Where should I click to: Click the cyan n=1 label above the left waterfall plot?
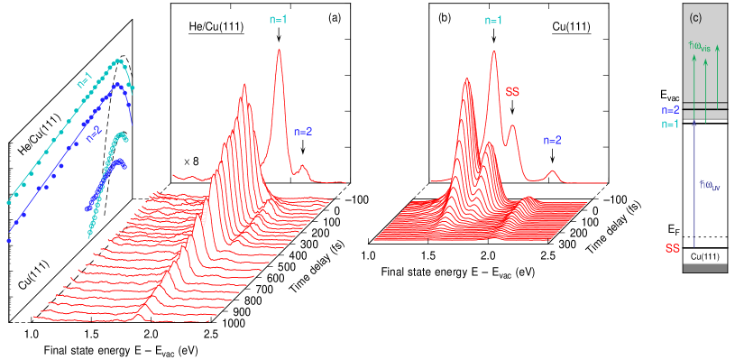(x=279, y=19)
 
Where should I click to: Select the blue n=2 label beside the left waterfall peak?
(x=303, y=131)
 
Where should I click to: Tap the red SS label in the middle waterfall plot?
(x=512, y=91)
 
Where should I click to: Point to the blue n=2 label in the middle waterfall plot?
(x=552, y=140)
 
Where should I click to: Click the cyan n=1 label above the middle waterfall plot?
(x=493, y=19)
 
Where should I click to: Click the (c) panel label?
(x=695, y=17)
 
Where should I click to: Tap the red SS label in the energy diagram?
(x=672, y=247)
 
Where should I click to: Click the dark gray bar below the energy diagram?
(x=705, y=267)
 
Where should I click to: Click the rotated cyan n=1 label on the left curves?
(x=85, y=79)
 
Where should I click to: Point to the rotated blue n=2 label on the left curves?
(x=94, y=134)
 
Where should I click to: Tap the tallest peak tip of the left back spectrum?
(x=279, y=50)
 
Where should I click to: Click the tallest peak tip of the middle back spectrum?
(x=494, y=51)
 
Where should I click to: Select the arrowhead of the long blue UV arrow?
(x=694, y=122)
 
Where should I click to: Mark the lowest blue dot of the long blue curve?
(x=9, y=241)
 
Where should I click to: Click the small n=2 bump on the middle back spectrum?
(x=553, y=171)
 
